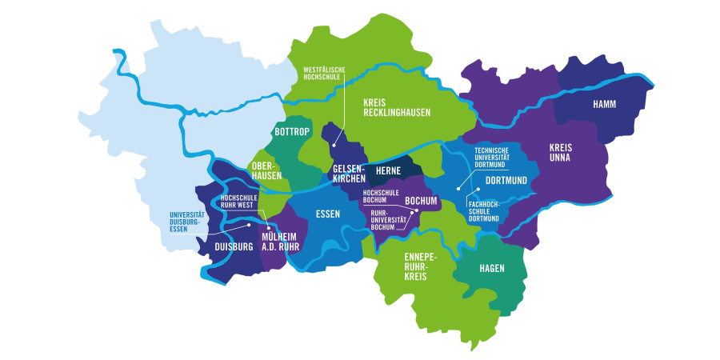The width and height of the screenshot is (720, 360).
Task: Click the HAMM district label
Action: [605, 105]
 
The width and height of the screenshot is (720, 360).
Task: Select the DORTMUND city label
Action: [506, 181]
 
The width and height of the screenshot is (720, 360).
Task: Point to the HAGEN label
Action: [492, 268]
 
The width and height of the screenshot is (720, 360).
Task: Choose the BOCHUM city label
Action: [420, 200]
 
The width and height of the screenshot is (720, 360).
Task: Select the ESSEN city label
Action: [328, 214]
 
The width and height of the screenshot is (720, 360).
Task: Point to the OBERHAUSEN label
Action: [266, 170]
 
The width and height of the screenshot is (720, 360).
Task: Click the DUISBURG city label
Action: [234, 246]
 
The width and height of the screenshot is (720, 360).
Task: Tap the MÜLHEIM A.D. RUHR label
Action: [279, 242]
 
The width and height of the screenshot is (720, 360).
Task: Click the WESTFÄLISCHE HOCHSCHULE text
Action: [324, 74]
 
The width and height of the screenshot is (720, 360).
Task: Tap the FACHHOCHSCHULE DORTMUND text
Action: [484, 212]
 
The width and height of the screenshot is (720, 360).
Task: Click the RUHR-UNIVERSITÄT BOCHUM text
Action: [388, 220]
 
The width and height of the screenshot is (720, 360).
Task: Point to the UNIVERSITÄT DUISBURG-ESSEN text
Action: [189, 222]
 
